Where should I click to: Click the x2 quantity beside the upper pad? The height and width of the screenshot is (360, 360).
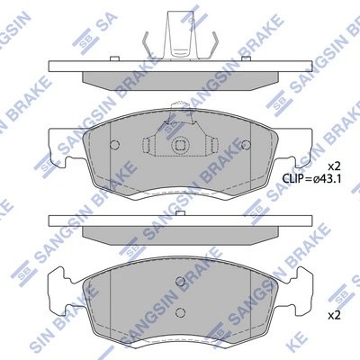(x=332, y=166)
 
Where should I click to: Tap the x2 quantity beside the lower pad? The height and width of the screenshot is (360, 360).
(x=332, y=315)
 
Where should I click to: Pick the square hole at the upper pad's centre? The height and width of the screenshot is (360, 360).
(x=180, y=146)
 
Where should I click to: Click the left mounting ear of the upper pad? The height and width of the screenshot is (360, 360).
(x=56, y=162)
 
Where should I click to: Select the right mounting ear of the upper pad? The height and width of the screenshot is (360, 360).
(x=304, y=162)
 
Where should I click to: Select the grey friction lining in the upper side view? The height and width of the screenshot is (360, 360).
(x=180, y=78)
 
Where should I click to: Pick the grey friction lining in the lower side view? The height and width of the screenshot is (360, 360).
(x=180, y=233)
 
